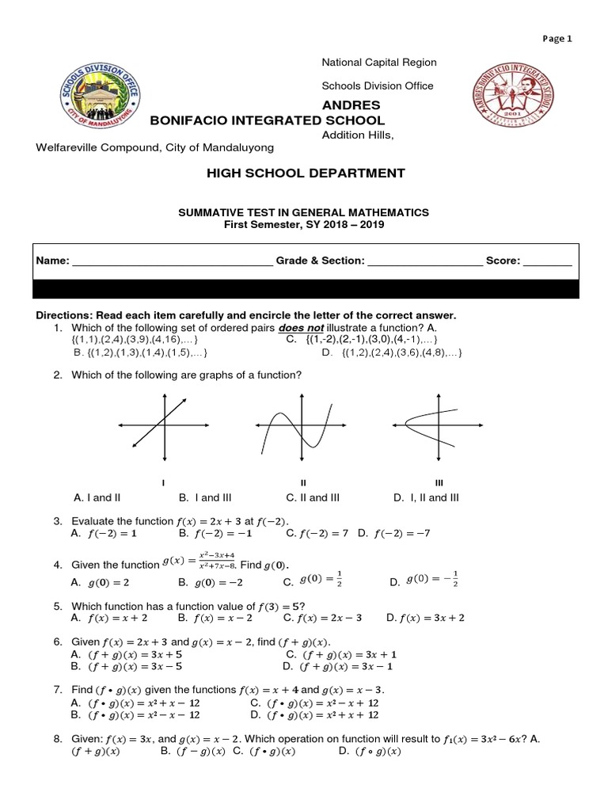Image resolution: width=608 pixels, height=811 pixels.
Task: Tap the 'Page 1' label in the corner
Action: (557, 38)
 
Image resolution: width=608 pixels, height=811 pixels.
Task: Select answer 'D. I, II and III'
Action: (426, 497)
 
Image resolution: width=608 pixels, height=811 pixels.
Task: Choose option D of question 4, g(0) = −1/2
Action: (424, 582)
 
